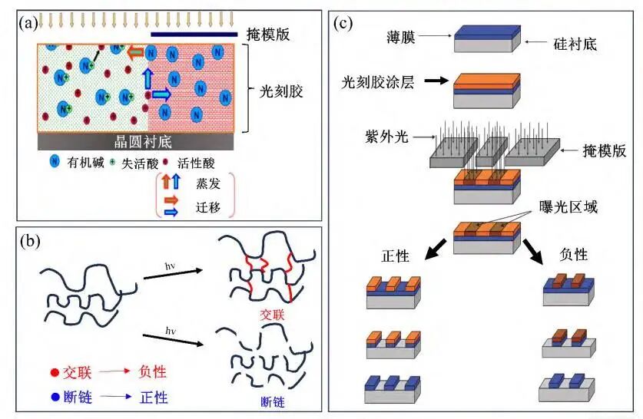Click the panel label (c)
click(x=343, y=22)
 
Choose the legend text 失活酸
click(x=139, y=162)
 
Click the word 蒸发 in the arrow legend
click(x=204, y=184)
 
